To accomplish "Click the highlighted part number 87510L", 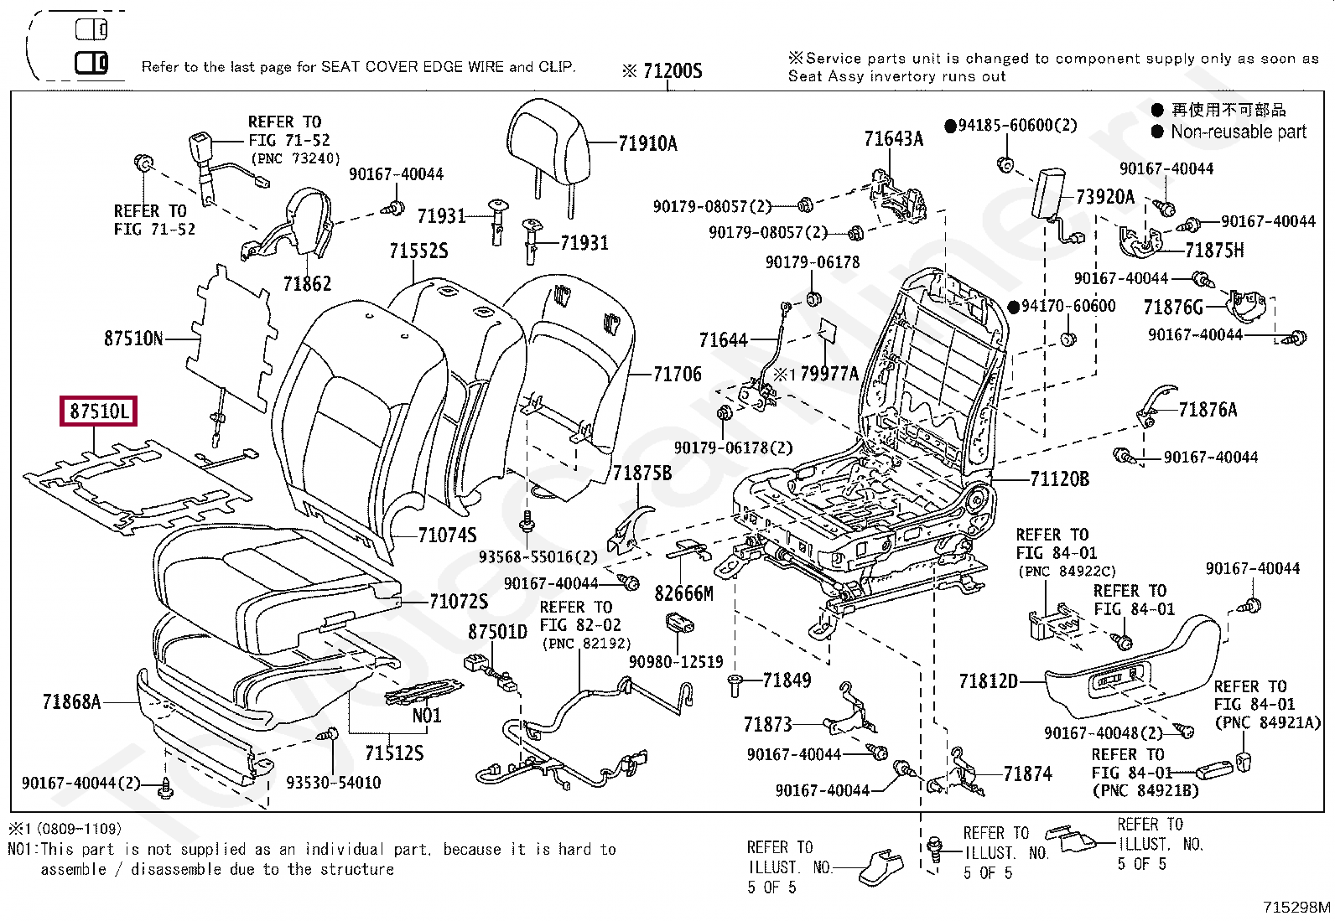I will click(x=98, y=411).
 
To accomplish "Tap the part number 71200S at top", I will click(x=673, y=71).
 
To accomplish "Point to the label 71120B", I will click(x=1059, y=479).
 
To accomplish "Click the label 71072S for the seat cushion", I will click(x=458, y=601).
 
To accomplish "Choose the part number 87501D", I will click(x=497, y=631).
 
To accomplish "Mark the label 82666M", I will click(x=683, y=593).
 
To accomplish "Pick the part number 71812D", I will click(x=988, y=681).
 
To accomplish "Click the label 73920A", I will click(x=1104, y=197).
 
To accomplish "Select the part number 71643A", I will click(x=893, y=139).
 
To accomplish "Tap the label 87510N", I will click(x=133, y=339).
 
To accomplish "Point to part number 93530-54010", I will click(x=333, y=783).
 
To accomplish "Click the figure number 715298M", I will click(x=1296, y=907).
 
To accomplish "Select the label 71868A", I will click(x=71, y=701).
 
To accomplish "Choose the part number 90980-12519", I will click(x=676, y=662).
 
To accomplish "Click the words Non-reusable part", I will click(x=1238, y=132).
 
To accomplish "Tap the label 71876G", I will click(x=1172, y=308).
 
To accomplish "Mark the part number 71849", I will click(x=787, y=680).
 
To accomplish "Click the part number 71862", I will click(x=307, y=284).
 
